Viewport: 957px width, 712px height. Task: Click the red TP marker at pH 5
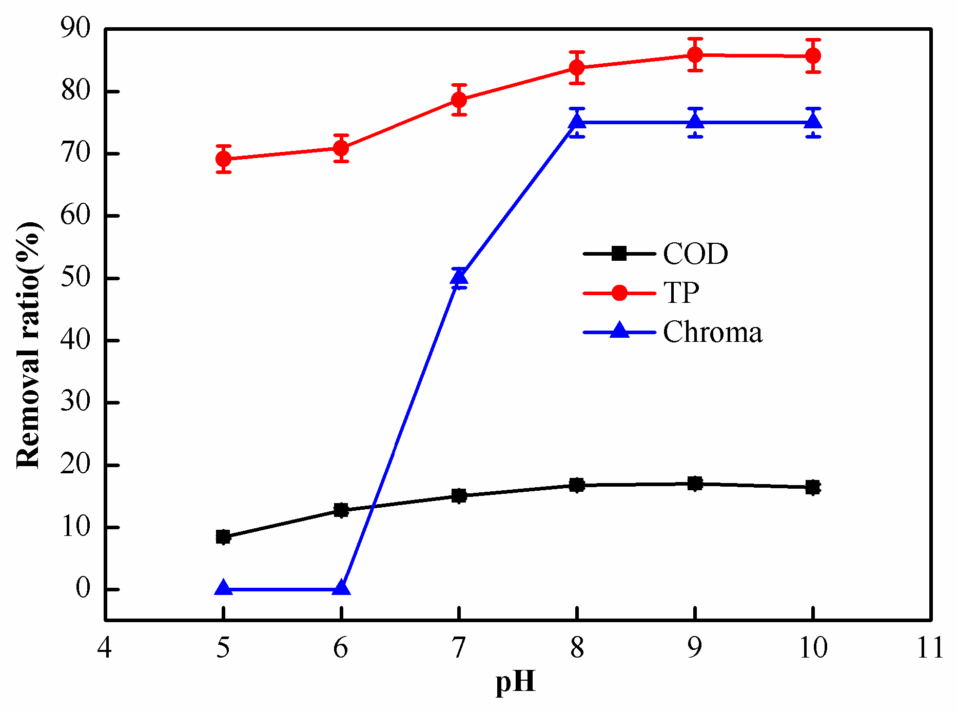[223, 159]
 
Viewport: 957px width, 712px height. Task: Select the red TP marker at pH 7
[459, 100]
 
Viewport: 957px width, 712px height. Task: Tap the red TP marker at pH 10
[813, 55]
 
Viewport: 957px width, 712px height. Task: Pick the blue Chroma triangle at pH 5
[223, 588]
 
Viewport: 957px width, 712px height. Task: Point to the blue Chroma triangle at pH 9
[695, 122]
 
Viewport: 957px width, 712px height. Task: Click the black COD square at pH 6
[341, 510]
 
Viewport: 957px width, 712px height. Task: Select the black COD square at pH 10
[813, 487]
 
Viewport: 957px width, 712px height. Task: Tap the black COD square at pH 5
[223, 537]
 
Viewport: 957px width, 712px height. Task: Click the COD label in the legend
[695, 254]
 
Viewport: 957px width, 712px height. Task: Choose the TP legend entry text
[681, 293]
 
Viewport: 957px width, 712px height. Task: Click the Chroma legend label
[712, 333]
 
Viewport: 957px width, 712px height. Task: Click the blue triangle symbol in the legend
[620, 331]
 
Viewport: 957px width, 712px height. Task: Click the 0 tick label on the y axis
[83, 589]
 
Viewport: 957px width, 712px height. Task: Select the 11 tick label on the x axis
[930, 648]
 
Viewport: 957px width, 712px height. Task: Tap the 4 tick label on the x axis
[105, 648]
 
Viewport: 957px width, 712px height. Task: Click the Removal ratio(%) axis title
[29, 345]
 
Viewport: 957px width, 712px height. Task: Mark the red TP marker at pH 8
[577, 68]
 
